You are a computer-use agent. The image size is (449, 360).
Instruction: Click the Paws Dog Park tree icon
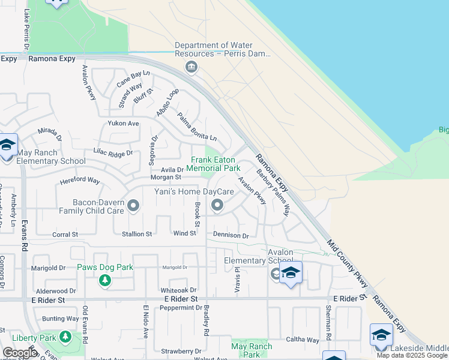pyautogui.click(x=105, y=280)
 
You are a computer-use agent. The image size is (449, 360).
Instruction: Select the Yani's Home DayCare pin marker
pyautogui.click(x=217, y=206)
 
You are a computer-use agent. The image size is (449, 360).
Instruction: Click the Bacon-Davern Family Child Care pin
pyautogui.click(x=133, y=206)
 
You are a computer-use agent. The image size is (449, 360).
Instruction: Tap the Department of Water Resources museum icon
pyautogui.click(x=191, y=66)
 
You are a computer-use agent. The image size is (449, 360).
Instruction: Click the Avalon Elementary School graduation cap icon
pyautogui.click(x=291, y=273)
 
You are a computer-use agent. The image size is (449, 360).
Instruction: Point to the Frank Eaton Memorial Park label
pyautogui.click(x=215, y=164)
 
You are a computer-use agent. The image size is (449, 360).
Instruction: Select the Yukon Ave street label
pyautogui.click(x=123, y=123)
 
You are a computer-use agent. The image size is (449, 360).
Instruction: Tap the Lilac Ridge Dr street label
pyautogui.click(x=113, y=154)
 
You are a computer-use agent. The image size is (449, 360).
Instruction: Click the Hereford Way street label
pyautogui.click(x=79, y=180)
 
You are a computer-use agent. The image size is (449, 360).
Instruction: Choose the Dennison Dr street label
pyautogui.click(x=231, y=236)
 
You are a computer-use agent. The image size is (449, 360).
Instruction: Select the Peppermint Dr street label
pyautogui.click(x=181, y=308)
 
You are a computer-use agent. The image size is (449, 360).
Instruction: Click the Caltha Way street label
pyautogui.click(x=304, y=340)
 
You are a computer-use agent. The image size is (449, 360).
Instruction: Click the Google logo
pyautogui.click(x=20, y=353)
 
